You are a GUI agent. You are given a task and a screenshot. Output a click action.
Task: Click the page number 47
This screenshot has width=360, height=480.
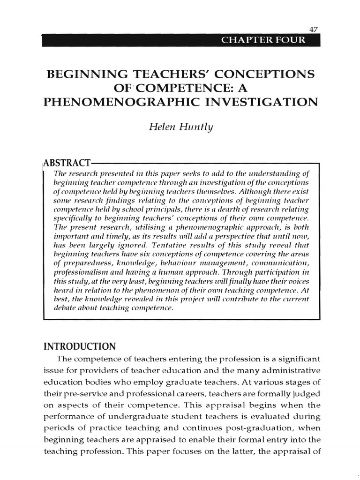pyautogui.click(x=314, y=29)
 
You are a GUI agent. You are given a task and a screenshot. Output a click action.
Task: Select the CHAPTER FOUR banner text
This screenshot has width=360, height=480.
pyautogui.click(x=263, y=40)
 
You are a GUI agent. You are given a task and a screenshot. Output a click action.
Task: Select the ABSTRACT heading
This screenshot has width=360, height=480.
pyautogui.click(x=67, y=163)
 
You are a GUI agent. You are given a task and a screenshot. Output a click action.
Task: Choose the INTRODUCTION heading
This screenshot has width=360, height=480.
pyautogui.click(x=79, y=347)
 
